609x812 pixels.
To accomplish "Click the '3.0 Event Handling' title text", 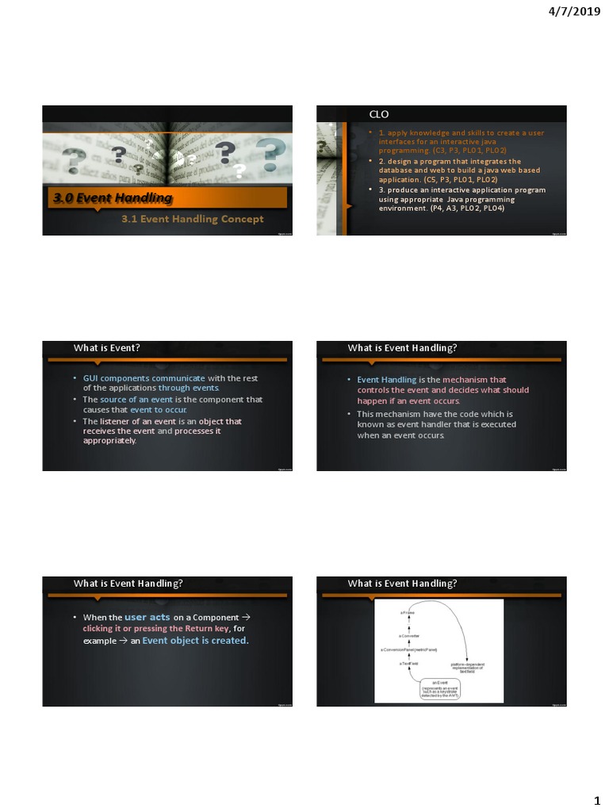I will (x=113, y=198).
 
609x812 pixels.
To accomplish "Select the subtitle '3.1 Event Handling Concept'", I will (x=192, y=219).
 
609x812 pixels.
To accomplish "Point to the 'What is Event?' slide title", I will (x=107, y=347).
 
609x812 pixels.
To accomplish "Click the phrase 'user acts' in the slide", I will (x=147, y=616).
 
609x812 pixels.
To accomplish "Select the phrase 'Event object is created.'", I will (x=195, y=640).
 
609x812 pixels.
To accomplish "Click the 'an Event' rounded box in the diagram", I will (x=440, y=688).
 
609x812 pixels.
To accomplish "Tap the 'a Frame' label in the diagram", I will (x=407, y=612).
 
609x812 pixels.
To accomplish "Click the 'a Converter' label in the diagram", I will (x=409, y=636).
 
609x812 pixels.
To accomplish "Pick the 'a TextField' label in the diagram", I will (x=409, y=664).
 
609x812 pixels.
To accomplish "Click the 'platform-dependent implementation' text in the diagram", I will (x=467, y=667).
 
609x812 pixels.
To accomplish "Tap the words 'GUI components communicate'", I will (x=144, y=378).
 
